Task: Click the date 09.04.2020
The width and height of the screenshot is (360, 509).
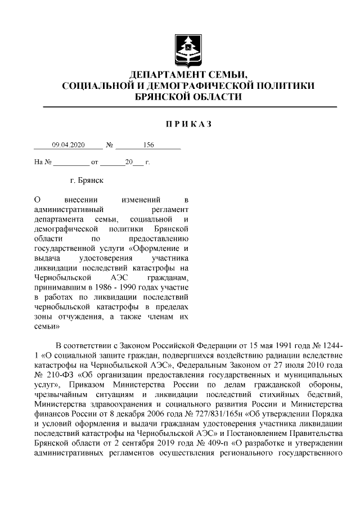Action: pyautogui.click(x=68, y=145)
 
